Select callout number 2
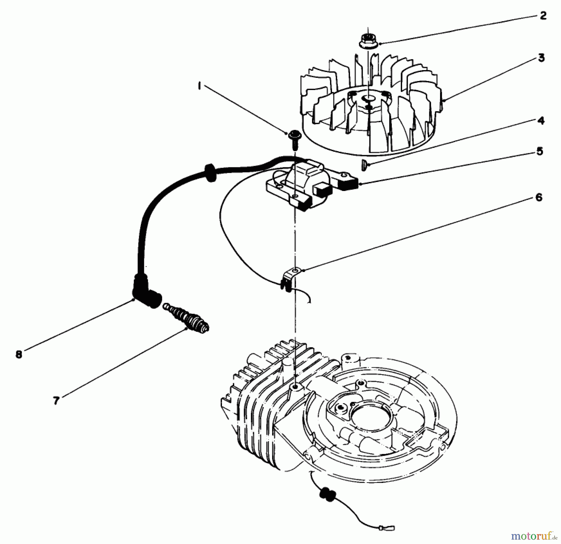[x=543, y=16]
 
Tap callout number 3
[x=542, y=58]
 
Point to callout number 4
[x=541, y=121]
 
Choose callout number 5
[x=539, y=151]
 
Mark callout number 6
[x=539, y=197]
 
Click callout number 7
[x=56, y=400]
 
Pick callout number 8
[x=19, y=355]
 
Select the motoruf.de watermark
[x=533, y=535]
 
